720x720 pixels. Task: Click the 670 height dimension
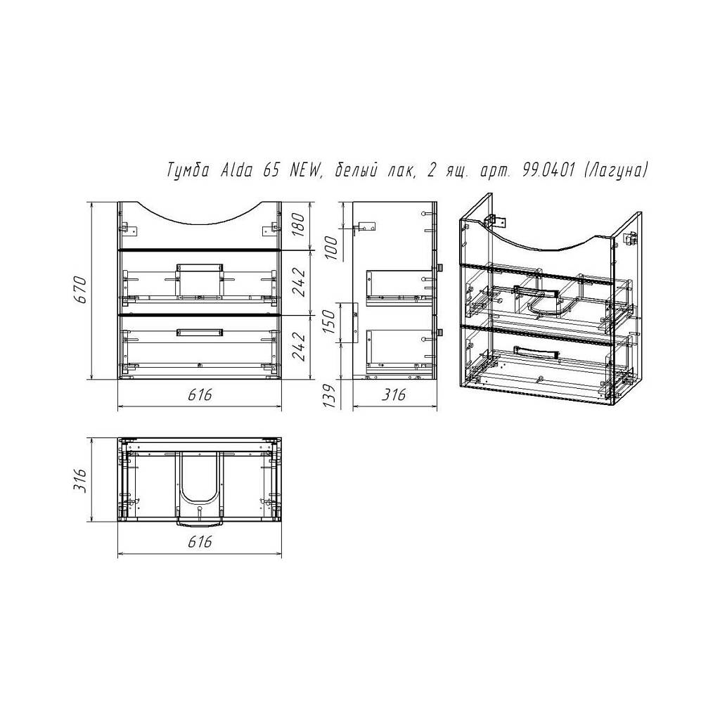[80, 290]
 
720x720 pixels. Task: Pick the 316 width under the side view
[394, 394]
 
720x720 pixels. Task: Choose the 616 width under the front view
[200, 394]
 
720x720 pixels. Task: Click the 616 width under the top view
[200, 542]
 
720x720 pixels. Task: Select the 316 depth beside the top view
[80, 480]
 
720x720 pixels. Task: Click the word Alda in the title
[237, 172]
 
